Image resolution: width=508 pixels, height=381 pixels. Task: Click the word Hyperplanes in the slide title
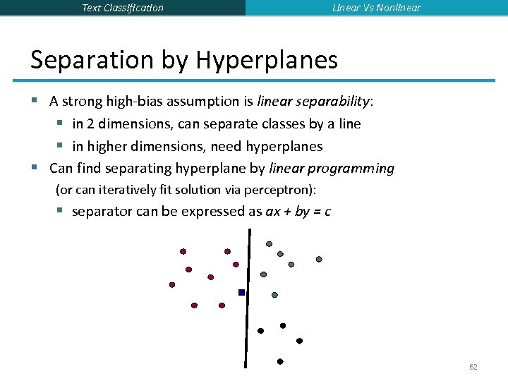(267, 61)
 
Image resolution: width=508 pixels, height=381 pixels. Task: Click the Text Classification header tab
(122, 8)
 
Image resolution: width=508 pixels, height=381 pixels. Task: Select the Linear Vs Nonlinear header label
(376, 8)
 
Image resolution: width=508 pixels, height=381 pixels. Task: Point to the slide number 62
(473, 368)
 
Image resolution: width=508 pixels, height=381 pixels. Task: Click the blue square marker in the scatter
(241, 292)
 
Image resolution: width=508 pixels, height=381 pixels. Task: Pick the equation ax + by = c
(298, 211)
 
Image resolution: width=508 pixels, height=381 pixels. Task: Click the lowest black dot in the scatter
(280, 361)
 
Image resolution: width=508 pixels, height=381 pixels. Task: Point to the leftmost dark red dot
(171, 285)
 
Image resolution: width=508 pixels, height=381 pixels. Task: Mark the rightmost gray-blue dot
(319, 259)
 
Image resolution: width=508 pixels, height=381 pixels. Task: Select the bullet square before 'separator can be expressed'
(61, 211)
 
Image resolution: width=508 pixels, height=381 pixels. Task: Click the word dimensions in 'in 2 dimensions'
(135, 123)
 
